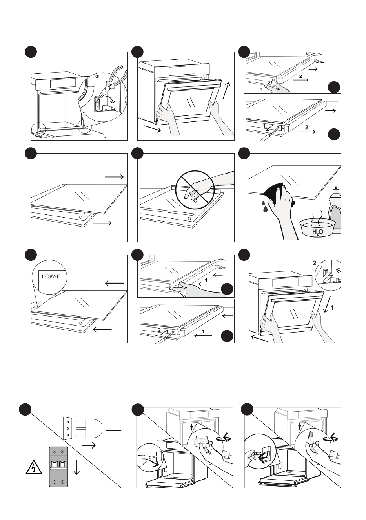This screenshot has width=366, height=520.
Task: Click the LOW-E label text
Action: pos(51,276)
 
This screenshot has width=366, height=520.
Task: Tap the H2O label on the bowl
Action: pos(317,232)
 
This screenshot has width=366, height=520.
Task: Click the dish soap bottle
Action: pos(334,209)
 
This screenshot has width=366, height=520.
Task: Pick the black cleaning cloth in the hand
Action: pos(279,193)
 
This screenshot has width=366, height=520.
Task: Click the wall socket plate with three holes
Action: pos(67,428)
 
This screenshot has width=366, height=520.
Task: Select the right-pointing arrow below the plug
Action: pos(89,445)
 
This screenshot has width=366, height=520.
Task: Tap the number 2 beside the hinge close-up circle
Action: pos(315,263)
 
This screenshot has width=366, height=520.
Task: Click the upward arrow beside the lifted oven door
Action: pos(227,91)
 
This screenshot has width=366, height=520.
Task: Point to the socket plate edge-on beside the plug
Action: pos(67,428)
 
